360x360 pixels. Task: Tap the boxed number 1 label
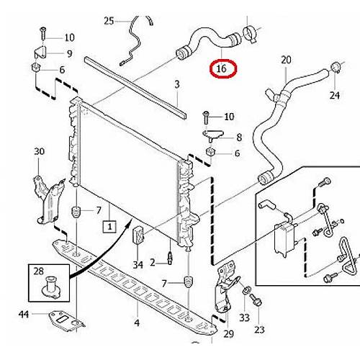[109, 226]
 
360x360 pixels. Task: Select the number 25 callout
[109, 21]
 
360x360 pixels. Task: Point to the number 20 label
[286, 60]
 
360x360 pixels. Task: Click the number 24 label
[335, 95]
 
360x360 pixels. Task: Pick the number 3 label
[177, 84]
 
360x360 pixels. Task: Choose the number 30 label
[39, 151]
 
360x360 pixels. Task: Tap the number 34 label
[138, 265]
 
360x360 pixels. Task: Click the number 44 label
[24, 314]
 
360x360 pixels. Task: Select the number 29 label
[228, 333]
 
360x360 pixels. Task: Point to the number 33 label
[244, 318]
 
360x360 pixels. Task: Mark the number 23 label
[259, 330]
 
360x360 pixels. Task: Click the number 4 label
[137, 323]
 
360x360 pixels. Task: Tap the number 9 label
[69, 53]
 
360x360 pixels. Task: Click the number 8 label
[239, 138]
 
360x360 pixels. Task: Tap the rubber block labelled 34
[138, 235]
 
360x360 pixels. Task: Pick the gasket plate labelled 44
[66, 320]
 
